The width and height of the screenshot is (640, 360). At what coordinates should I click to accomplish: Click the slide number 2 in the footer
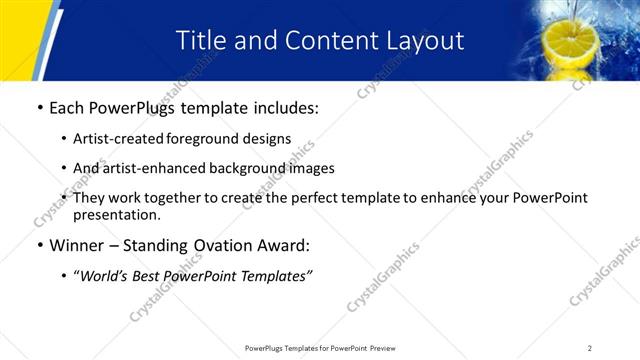click(x=590, y=347)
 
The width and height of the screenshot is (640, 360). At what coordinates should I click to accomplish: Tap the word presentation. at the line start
click(x=116, y=214)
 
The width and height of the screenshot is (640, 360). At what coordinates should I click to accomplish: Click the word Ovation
click(x=220, y=246)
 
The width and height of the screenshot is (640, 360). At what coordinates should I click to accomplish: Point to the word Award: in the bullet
click(x=283, y=246)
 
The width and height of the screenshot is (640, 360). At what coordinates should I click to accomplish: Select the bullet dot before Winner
click(x=39, y=246)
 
